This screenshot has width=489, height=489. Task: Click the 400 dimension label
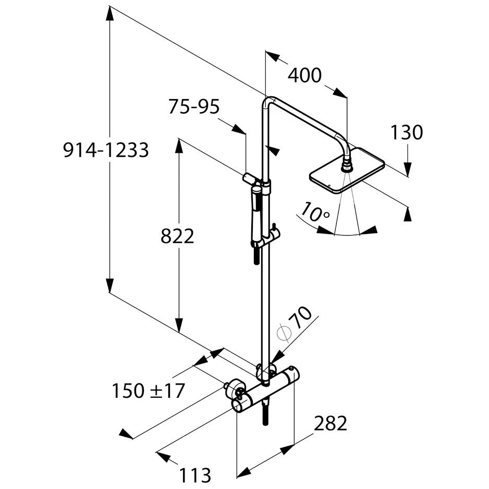click(304, 76)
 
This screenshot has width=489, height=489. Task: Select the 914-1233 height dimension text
click(106, 150)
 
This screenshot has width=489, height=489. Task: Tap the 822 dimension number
click(177, 236)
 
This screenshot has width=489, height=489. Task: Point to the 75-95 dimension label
click(194, 106)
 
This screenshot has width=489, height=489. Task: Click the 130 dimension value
click(407, 132)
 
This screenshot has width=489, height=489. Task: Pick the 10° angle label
click(315, 212)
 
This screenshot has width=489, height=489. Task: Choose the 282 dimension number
click(331, 423)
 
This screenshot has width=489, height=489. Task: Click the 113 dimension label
click(195, 475)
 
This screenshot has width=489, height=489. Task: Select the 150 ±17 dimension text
click(148, 391)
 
